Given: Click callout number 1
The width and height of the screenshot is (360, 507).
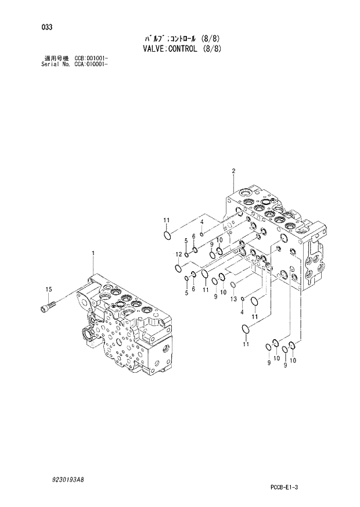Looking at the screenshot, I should pyautogui.click(x=92, y=252).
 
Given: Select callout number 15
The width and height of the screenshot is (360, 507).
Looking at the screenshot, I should pyautogui.click(x=49, y=289).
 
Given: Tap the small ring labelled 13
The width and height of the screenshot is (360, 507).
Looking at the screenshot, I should pyautogui.click(x=233, y=285).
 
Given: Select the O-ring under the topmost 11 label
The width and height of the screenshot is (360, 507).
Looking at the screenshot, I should pyautogui.click(x=167, y=235).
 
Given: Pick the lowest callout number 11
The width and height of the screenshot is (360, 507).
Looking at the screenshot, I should pyautogui.click(x=246, y=344).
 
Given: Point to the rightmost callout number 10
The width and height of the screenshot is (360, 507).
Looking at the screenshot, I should pyautogui.click(x=293, y=361).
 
